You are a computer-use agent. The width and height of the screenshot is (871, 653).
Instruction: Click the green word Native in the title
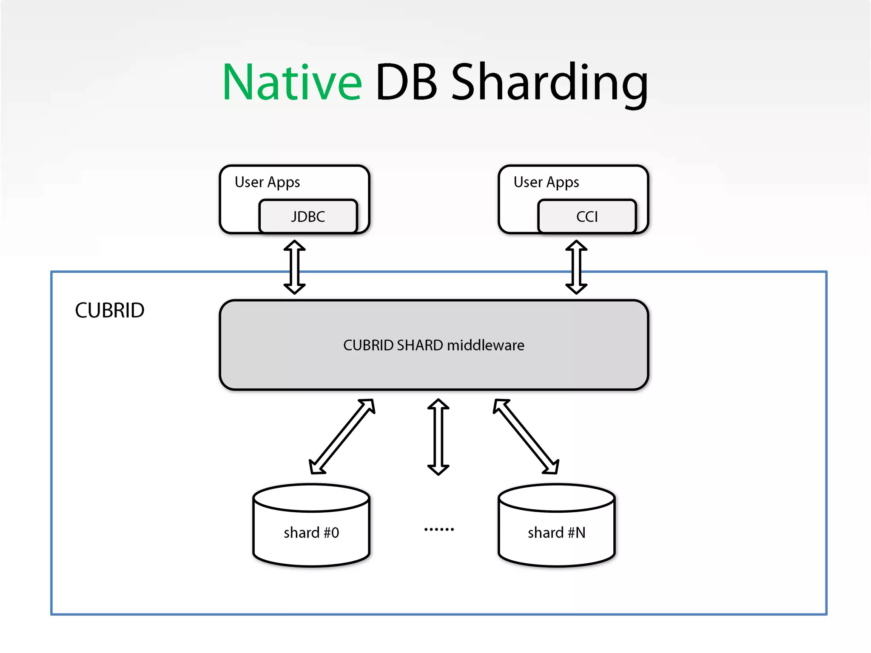point(292,82)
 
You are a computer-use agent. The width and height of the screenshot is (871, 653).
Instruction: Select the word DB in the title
point(406,82)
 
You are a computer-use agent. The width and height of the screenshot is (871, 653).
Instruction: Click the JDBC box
point(308,216)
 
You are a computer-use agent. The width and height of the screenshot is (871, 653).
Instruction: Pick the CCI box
point(587,216)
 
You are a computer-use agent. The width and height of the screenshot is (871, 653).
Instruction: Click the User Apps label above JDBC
point(267,182)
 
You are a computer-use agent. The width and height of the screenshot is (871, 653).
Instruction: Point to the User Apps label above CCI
point(546,182)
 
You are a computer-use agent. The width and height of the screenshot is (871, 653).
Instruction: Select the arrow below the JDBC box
point(294,267)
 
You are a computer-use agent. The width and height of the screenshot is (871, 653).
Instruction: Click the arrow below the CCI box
point(576,267)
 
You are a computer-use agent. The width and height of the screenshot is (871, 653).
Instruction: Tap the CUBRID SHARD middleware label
point(433,345)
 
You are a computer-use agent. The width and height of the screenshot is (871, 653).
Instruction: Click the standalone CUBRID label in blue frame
point(110,310)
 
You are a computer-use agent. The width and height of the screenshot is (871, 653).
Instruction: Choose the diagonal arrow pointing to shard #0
point(342,436)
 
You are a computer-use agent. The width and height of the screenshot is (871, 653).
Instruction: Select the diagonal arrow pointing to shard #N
point(526,436)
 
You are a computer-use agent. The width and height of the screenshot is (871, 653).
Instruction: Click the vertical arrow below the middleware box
point(438,437)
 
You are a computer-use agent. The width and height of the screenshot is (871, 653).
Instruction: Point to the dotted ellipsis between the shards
point(439,529)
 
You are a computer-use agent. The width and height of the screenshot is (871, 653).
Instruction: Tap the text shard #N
point(556,533)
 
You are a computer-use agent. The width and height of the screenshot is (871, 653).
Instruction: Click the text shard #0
point(311,533)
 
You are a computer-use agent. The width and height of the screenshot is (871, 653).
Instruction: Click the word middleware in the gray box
point(485,345)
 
